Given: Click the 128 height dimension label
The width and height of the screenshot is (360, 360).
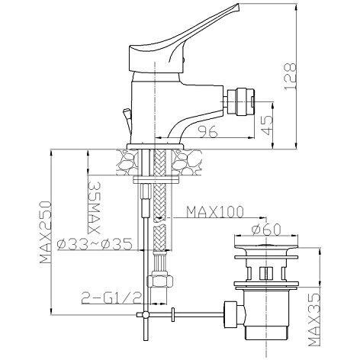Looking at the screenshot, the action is [290, 76].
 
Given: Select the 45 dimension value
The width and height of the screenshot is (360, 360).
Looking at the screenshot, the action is [268, 125].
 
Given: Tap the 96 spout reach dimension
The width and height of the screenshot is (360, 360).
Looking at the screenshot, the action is [208, 131].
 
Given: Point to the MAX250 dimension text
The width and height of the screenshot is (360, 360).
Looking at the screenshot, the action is [46, 233].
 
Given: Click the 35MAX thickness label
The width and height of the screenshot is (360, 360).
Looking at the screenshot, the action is [94, 207].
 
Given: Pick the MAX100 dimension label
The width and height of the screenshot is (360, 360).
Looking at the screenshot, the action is [215, 211].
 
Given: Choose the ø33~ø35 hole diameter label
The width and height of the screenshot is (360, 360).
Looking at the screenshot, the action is [95, 244].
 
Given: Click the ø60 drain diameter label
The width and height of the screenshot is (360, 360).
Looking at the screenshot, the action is [266, 230].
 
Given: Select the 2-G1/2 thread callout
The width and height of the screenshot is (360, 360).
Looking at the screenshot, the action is [111, 297].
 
